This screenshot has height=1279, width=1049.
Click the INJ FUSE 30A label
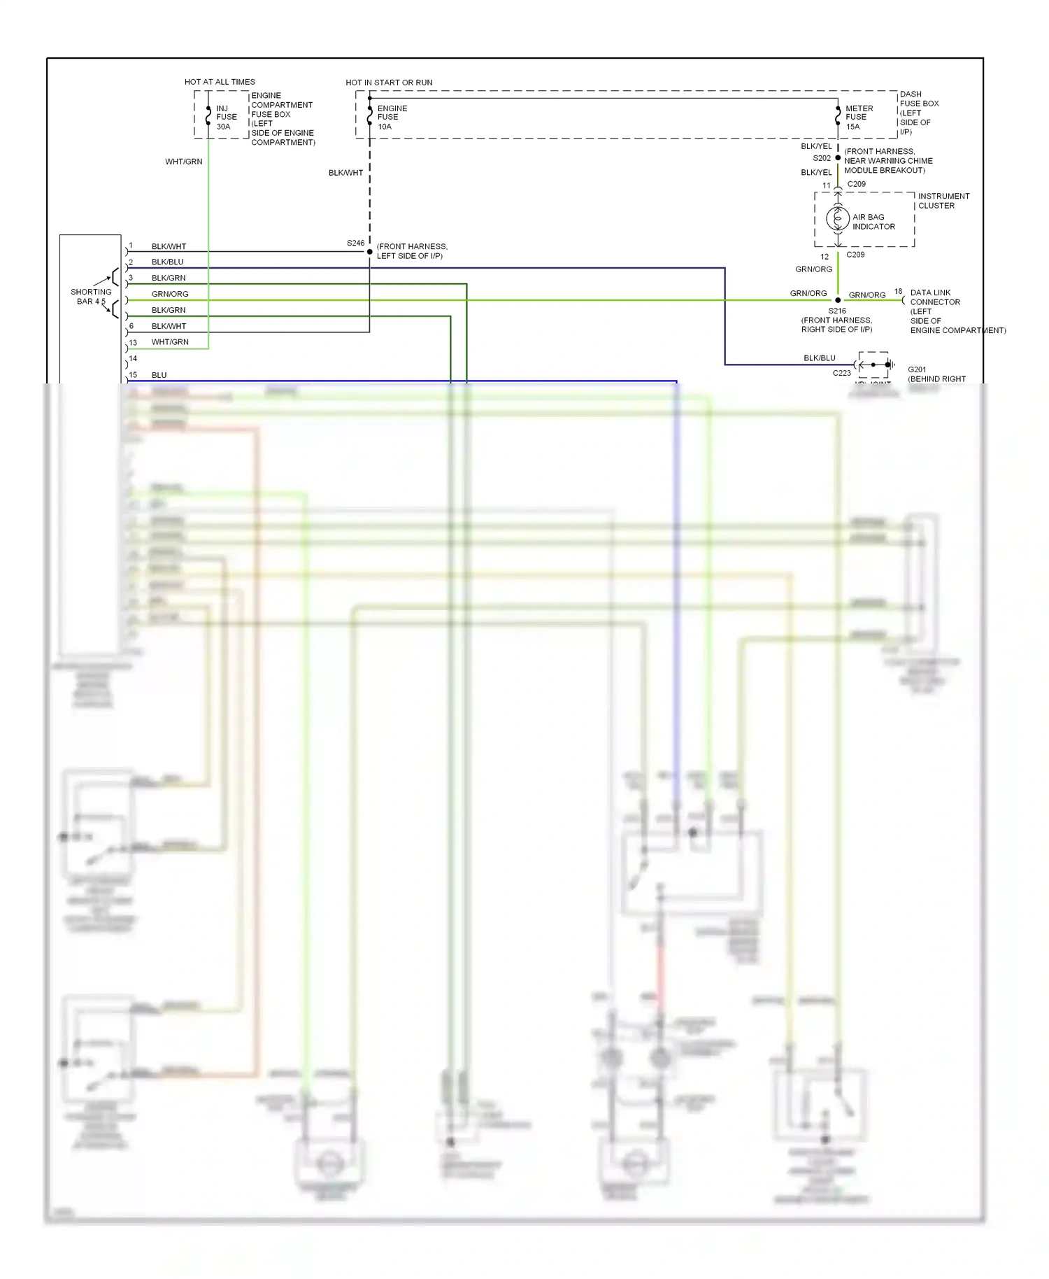(x=226, y=118)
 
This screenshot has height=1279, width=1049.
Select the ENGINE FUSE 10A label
(x=392, y=118)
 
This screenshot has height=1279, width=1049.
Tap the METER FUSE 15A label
(x=859, y=118)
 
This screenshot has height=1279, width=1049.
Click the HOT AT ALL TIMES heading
(x=220, y=82)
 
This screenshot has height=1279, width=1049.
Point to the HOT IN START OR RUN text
(x=389, y=83)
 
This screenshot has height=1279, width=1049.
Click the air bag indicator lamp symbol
(x=837, y=219)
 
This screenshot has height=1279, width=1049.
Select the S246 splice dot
(x=370, y=252)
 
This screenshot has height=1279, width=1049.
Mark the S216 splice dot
(x=838, y=300)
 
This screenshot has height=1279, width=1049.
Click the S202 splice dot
(x=838, y=158)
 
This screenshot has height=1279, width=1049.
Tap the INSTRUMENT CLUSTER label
(x=943, y=201)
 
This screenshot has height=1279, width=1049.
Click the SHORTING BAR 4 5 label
(x=90, y=297)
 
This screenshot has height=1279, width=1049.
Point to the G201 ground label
(x=917, y=369)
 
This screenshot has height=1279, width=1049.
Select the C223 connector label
(x=841, y=373)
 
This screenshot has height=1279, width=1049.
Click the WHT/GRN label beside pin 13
(x=170, y=342)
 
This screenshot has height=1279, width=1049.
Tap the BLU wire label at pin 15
(x=159, y=375)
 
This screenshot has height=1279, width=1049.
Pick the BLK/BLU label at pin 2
(x=167, y=262)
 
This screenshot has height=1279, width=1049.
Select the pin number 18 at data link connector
(x=898, y=292)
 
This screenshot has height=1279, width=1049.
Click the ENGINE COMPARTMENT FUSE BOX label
(x=282, y=119)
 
